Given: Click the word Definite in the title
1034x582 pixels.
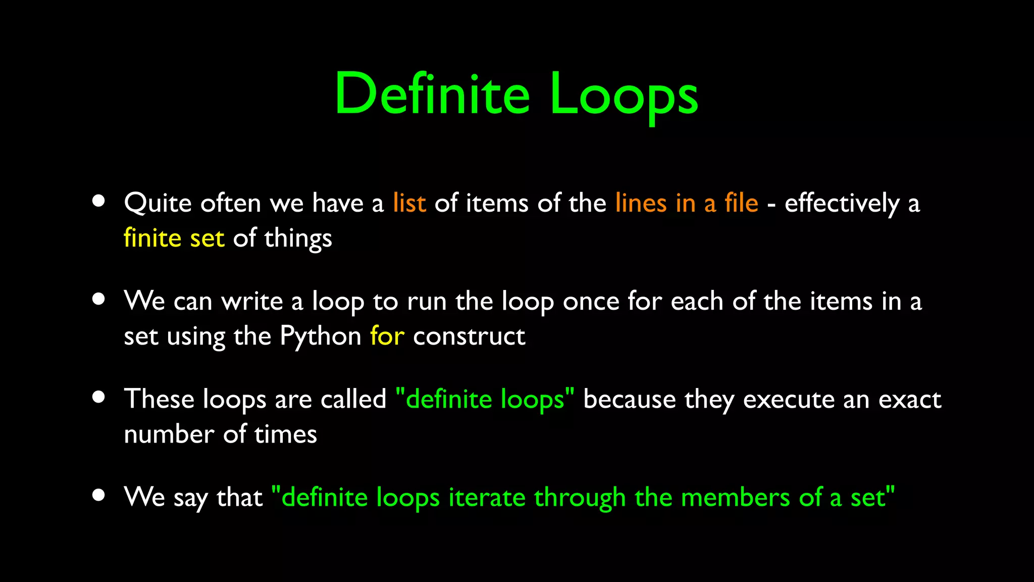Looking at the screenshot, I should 432,94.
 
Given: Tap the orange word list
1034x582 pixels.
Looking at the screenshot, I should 409,203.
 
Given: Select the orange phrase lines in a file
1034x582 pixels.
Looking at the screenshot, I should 687,203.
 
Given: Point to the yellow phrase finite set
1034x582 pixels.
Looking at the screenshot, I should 174,238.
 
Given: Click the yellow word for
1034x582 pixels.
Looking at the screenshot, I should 387,336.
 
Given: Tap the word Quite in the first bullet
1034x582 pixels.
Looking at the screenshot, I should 158,203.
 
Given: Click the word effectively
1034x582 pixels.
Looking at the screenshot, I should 842,203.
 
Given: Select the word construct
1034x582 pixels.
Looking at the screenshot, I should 469,336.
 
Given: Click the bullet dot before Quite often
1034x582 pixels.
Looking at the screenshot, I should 98,201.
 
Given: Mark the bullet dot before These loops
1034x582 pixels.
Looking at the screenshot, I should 98,397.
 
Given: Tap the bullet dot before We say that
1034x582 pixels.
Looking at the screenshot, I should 98,495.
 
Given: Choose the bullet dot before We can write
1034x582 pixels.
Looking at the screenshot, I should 98,299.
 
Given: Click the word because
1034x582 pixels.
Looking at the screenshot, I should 629,399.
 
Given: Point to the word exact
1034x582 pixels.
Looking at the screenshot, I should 910,399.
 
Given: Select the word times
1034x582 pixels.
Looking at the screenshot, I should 285,434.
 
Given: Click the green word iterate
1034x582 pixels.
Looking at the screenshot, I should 487,497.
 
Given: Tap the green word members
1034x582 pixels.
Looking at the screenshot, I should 735,497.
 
